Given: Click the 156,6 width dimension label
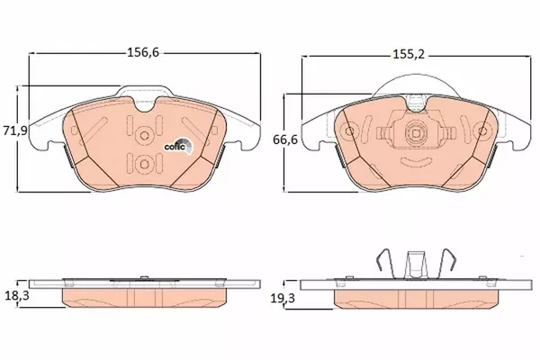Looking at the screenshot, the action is tap(143, 52).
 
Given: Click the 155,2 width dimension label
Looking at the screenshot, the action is tap(409, 54).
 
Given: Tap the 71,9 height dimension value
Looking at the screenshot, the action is tap(14, 130).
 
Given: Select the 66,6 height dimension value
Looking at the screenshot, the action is tap(285, 139).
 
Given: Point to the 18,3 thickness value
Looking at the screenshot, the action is tap(17, 295).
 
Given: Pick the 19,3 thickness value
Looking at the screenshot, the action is tap(283, 298).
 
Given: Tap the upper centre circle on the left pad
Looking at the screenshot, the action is tap(144, 135).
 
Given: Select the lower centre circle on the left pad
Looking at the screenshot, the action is tap(144, 164).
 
